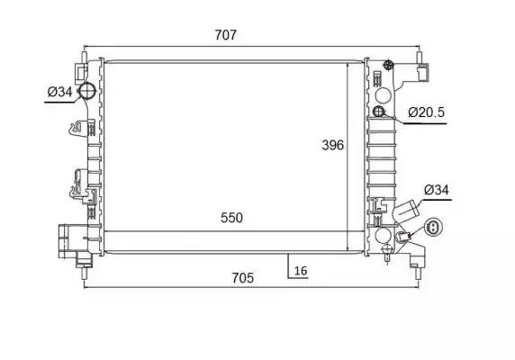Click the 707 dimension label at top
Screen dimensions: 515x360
[x=226, y=35]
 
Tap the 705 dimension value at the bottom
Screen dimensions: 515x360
[x=243, y=278]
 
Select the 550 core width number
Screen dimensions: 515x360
[x=232, y=218]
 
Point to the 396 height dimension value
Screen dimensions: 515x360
[x=333, y=145]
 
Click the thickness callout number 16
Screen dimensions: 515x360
[x=301, y=271]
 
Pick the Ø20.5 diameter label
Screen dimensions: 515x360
[x=427, y=112]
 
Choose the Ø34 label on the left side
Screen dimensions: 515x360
[x=59, y=92]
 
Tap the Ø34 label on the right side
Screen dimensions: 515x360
[x=437, y=190]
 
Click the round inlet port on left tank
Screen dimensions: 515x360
[x=87, y=90]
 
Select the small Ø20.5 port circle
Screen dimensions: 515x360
[x=379, y=112]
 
